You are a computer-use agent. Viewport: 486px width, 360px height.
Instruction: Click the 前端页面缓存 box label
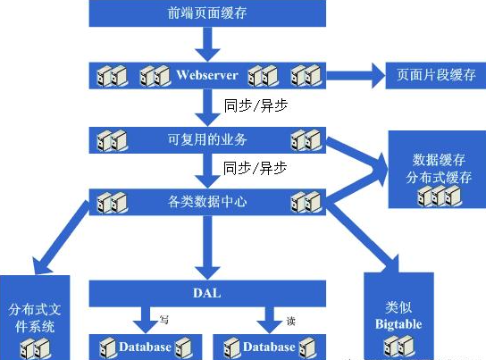207,13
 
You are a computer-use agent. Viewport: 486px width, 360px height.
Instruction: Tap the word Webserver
207,75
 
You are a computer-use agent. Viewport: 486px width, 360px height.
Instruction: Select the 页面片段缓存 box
435,76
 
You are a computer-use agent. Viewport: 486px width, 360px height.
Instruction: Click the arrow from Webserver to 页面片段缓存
356,76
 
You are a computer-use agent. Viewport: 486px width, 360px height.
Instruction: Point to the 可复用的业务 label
207,139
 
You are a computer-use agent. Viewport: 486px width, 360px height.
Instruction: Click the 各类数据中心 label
207,202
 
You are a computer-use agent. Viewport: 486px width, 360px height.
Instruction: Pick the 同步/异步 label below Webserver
256,105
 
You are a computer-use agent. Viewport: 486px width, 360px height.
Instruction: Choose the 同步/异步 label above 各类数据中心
256,168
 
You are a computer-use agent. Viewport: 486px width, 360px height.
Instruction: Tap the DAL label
207,293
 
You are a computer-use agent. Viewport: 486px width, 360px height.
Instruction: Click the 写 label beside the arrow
164,319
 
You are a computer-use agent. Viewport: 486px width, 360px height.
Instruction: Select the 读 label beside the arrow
290,321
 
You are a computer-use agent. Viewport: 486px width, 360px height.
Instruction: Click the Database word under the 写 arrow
145,347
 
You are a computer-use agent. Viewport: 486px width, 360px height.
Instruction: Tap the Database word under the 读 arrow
269,347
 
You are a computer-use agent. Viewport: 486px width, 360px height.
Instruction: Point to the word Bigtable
398,324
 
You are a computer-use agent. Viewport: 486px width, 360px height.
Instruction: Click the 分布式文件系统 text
35,318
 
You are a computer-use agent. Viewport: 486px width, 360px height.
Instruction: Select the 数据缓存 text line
439,160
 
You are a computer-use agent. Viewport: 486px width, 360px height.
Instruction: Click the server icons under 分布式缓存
439,196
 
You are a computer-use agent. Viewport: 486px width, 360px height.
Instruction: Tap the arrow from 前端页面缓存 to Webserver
207,45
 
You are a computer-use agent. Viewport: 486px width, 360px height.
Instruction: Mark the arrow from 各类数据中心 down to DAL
207,247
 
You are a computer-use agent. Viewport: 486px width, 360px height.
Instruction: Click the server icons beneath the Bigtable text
398,346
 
